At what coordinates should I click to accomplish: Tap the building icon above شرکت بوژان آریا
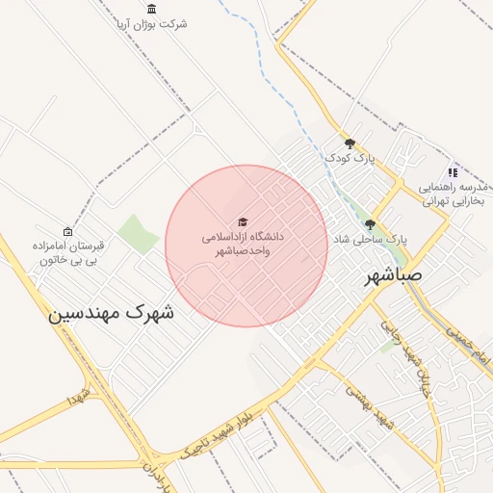coord(152,8)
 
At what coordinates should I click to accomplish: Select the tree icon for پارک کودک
coord(350,143)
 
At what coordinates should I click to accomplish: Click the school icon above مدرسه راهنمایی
coord(453,172)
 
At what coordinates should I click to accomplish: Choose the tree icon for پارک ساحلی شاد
coord(370,224)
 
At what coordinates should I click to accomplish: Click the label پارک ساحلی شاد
coord(370,237)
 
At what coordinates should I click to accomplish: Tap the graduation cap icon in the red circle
coord(242,221)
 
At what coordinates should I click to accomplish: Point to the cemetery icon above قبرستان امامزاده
coord(66,231)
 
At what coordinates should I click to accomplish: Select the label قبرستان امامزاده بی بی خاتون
coord(66,252)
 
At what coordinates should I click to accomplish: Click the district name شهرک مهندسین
coord(113,312)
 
